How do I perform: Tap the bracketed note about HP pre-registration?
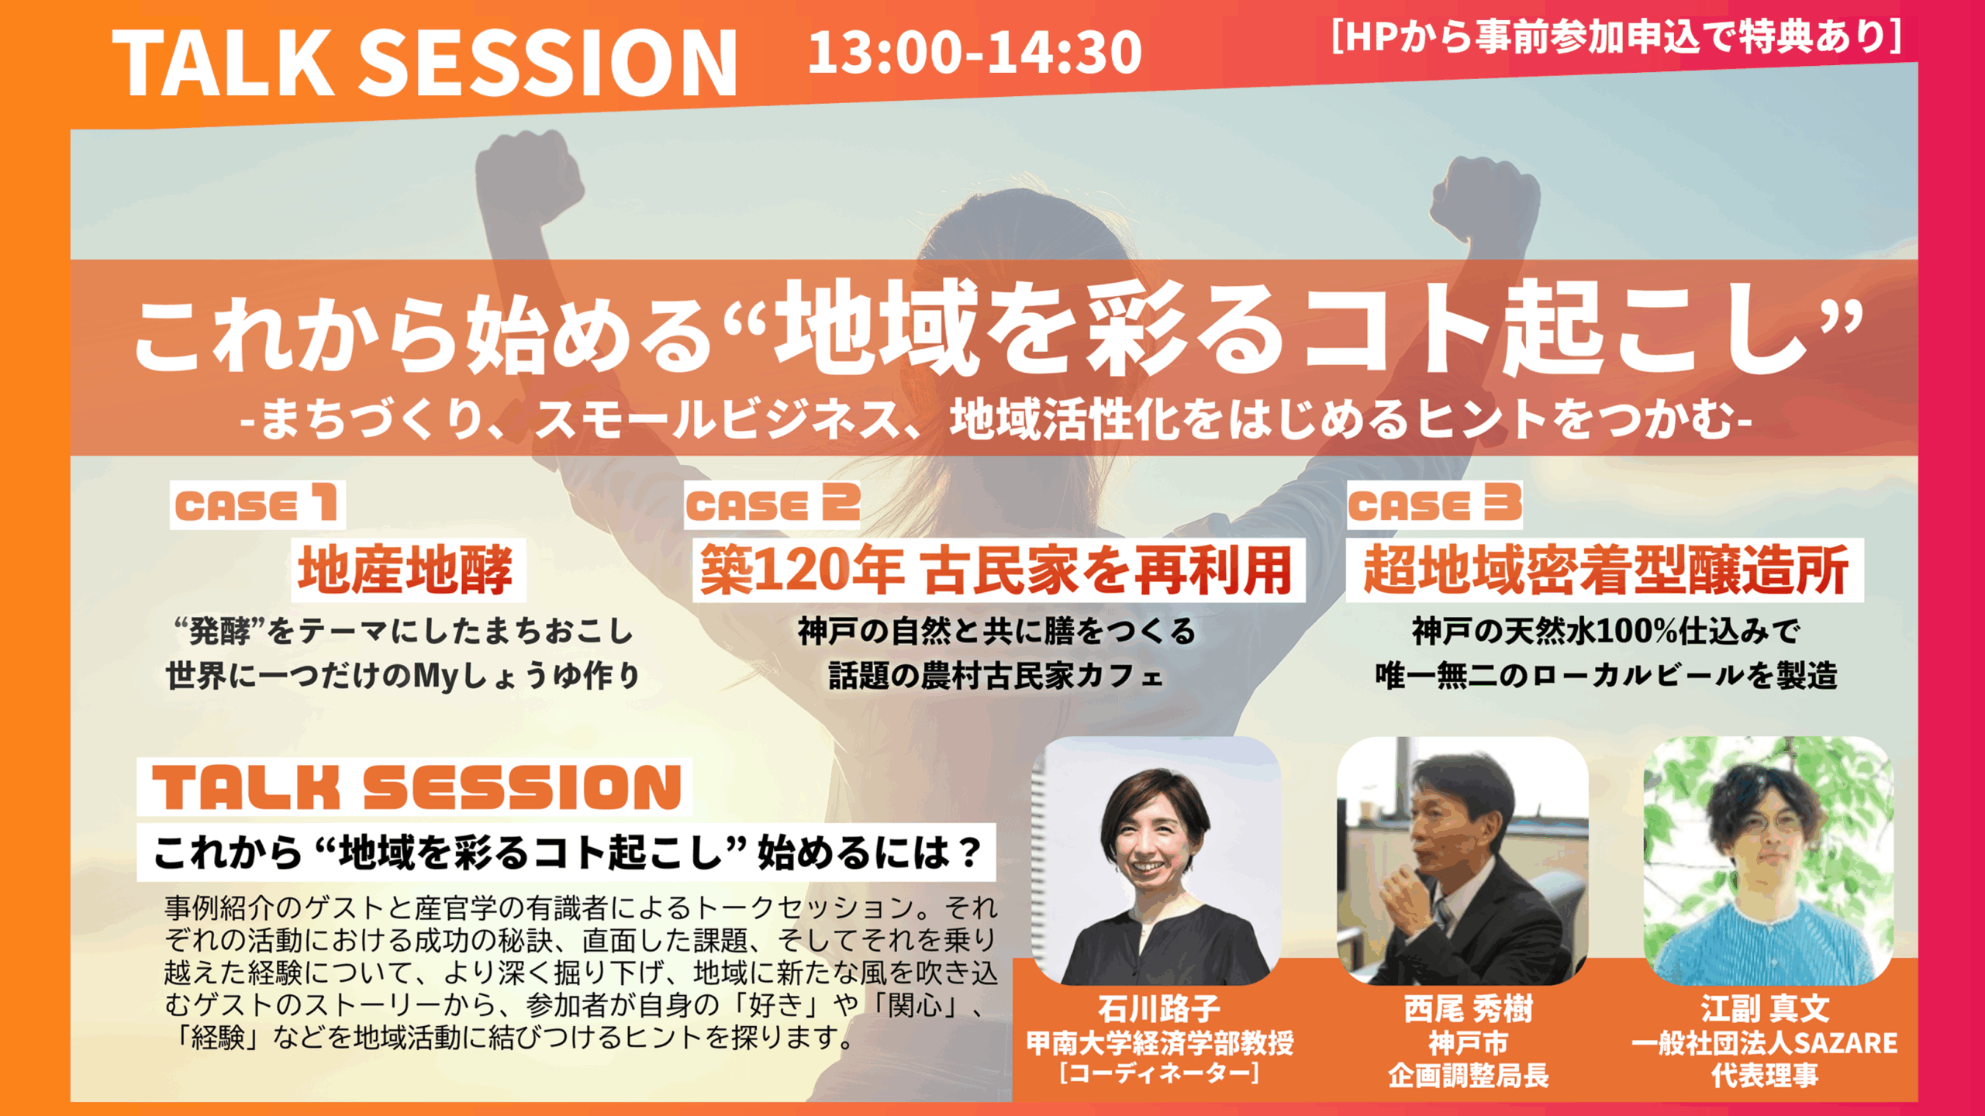[x=1616, y=36]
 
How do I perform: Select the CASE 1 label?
[x=257, y=505]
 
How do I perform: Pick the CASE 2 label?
[x=772, y=505]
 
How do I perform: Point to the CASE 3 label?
[x=1434, y=505]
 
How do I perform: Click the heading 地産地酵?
[x=408, y=570]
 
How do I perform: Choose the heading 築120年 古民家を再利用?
[x=998, y=570]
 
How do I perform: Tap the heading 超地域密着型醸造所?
[x=1604, y=570]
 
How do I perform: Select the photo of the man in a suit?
[x=1462, y=860]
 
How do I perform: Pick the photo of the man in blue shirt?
[x=1769, y=860]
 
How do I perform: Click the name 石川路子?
[x=1159, y=1009]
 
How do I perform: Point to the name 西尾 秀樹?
[x=1468, y=1009]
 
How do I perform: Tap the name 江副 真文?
[x=1766, y=1009]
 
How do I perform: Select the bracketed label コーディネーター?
[x=1159, y=1073]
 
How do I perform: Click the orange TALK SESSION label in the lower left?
[x=416, y=787]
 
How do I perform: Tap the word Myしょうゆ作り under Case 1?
[x=526, y=676]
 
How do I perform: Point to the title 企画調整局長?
[x=1468, y=1075]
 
